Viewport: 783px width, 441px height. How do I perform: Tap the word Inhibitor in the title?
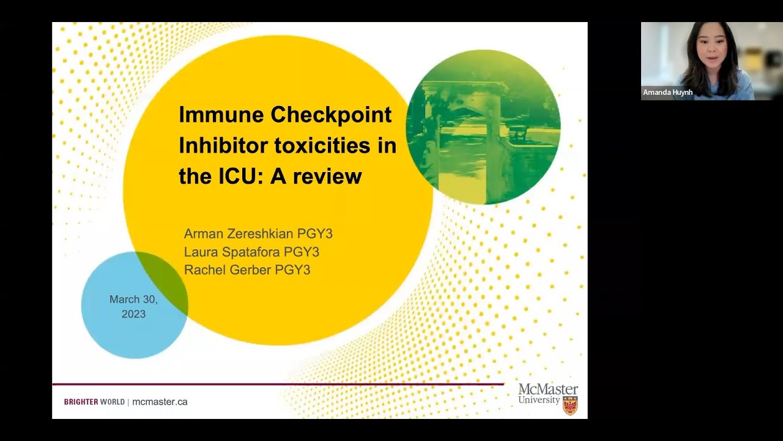(223, 146)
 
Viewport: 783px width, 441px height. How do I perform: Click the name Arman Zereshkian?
(239, 234)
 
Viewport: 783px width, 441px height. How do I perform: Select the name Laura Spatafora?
(232, 252)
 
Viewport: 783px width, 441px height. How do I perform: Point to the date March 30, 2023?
(133, 306)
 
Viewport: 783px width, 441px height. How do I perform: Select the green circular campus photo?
(483, 127)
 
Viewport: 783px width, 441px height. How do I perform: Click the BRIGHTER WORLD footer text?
(94, 402)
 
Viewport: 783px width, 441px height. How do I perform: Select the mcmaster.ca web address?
(160, 402)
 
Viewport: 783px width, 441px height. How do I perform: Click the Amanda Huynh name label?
(667, 92)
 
